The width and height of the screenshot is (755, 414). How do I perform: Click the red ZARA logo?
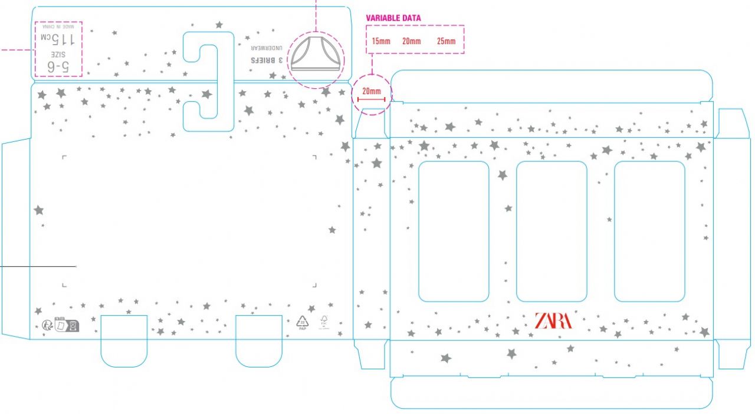pyautogui.click(x=553, y=321)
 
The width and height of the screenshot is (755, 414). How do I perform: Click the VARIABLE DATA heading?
pyautogui.click(x=393, y=18)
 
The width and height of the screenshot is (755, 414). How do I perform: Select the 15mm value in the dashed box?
pyautogui.click(x=380, y=41)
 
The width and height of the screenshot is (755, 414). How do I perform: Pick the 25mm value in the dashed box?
pyautogui.click(x=446, y=41)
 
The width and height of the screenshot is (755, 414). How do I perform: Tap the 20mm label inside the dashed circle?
pyautogui.click(x=372, y=92)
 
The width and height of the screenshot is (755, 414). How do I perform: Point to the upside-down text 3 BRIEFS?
pyautogui.click(x=268, y=61)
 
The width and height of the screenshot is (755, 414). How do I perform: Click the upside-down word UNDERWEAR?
pyautogui.click(x=268, y=47)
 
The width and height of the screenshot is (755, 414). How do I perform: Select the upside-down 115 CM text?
pyautogui.click(x=57, y=39)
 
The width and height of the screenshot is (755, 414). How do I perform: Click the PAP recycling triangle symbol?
pyautogui.click(x=303, y=323)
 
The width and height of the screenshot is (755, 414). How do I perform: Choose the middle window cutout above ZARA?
pyautogui.click(x=552, y=231)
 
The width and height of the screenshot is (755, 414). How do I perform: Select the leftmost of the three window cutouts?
pyautogui.click(x=454, y=231)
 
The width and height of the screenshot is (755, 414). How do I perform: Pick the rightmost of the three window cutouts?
pyautogui.click(x=649, y=231)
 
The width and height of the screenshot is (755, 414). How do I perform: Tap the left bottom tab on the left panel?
pyautogui.click(x=124, y=340)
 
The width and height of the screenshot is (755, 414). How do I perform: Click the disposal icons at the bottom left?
pyautogui.click(x=61, y=324)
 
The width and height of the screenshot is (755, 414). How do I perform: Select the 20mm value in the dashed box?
pyautogui.click(x=412, y=41)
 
